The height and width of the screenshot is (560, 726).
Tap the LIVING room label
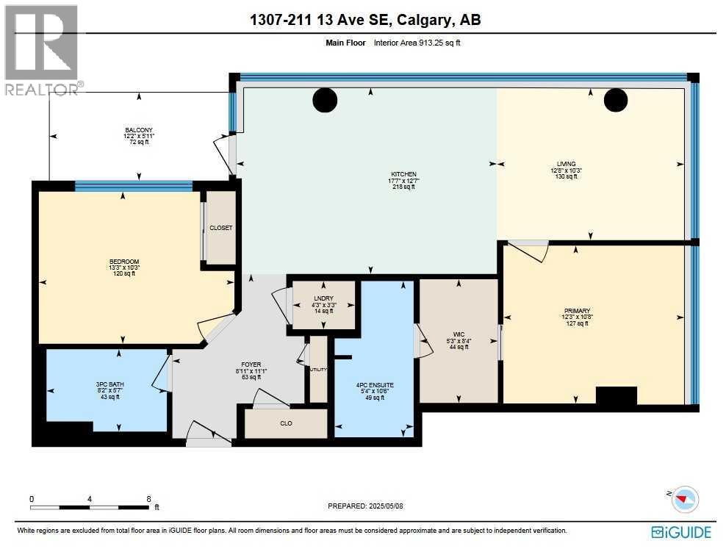point(566,164)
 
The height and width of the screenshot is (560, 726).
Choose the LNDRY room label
point(323,298)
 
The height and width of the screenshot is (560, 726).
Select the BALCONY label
point(138,130)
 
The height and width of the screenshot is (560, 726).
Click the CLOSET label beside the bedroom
point(220,228)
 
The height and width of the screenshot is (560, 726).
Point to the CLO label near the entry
point(286,423)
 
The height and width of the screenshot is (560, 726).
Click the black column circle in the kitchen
point(324,100)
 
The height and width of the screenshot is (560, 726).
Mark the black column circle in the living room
point(615,100)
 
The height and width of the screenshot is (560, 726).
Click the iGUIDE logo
point(681,532)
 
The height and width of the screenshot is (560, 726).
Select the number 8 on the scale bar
point(149,498)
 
